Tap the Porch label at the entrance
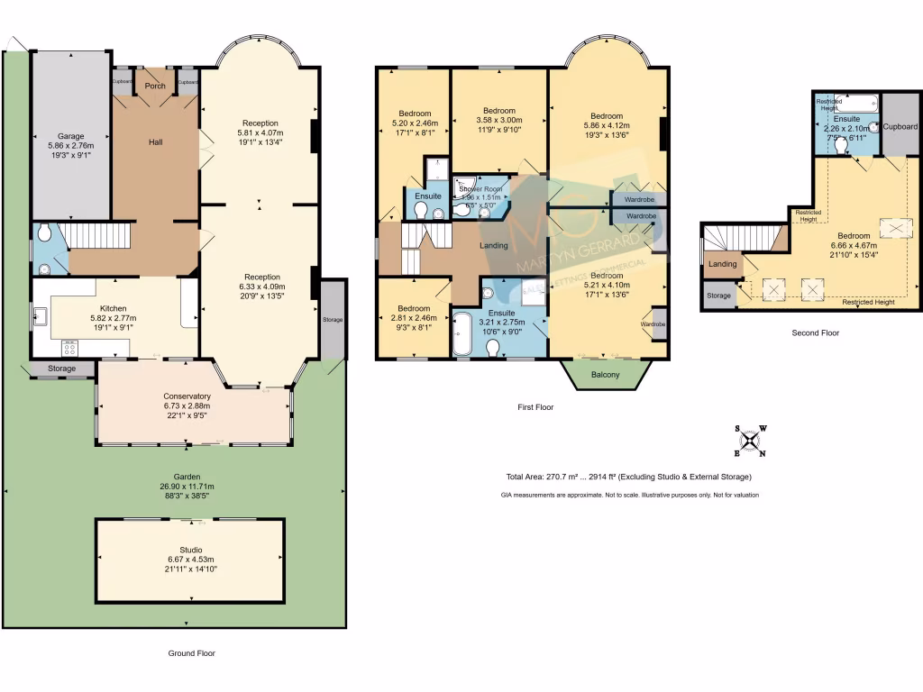point(155,86)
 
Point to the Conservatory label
point(187,396)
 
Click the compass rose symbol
point(750,441)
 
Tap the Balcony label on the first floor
point(605,375)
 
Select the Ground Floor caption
point(192,653)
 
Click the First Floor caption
point(535,407)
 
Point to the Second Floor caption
point(815,332)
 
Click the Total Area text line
point(628,477)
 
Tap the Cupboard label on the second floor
point(900,126)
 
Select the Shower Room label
point(480,189)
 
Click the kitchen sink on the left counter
point(41,316)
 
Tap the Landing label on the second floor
point(722,264)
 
